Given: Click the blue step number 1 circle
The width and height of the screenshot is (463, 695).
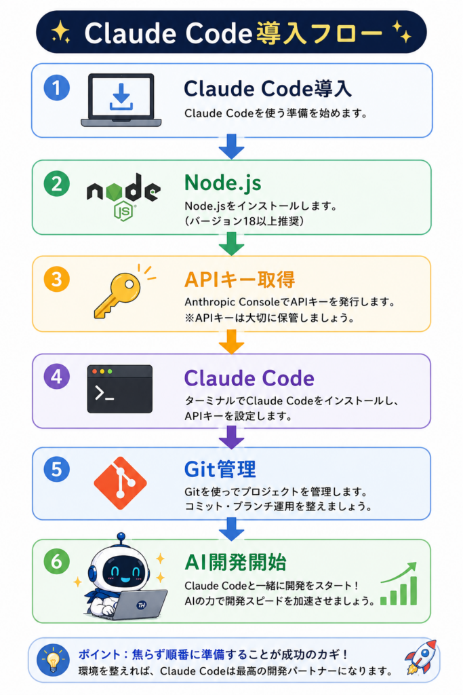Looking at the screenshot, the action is click(x=57, y=88).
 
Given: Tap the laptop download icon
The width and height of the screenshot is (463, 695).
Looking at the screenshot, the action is click(x=121, y=100).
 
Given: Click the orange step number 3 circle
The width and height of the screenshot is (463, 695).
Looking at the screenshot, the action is click(x=57, y=279).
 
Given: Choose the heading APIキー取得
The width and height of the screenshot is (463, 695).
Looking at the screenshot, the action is click(x=239, y=280).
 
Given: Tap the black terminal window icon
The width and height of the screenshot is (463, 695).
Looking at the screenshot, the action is click(x=120, y=389).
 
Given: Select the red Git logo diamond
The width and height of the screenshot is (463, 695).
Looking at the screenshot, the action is click(x=121, y=483).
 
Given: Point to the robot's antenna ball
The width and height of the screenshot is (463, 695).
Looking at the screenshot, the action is click(x=121, y=537).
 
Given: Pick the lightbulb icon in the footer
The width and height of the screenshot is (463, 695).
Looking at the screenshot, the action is click(x=53, y=660).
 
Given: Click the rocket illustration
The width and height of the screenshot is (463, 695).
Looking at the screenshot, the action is click(x=421, y=657).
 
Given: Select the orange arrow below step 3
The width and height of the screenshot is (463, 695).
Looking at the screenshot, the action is click(x=232, y=341).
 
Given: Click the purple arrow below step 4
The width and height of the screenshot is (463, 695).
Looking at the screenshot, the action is click(x=232, y=437).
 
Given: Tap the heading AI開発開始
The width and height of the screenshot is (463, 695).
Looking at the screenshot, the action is click(x=235, y=563).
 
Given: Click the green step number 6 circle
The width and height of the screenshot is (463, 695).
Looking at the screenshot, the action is click(x=57, y=561).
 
